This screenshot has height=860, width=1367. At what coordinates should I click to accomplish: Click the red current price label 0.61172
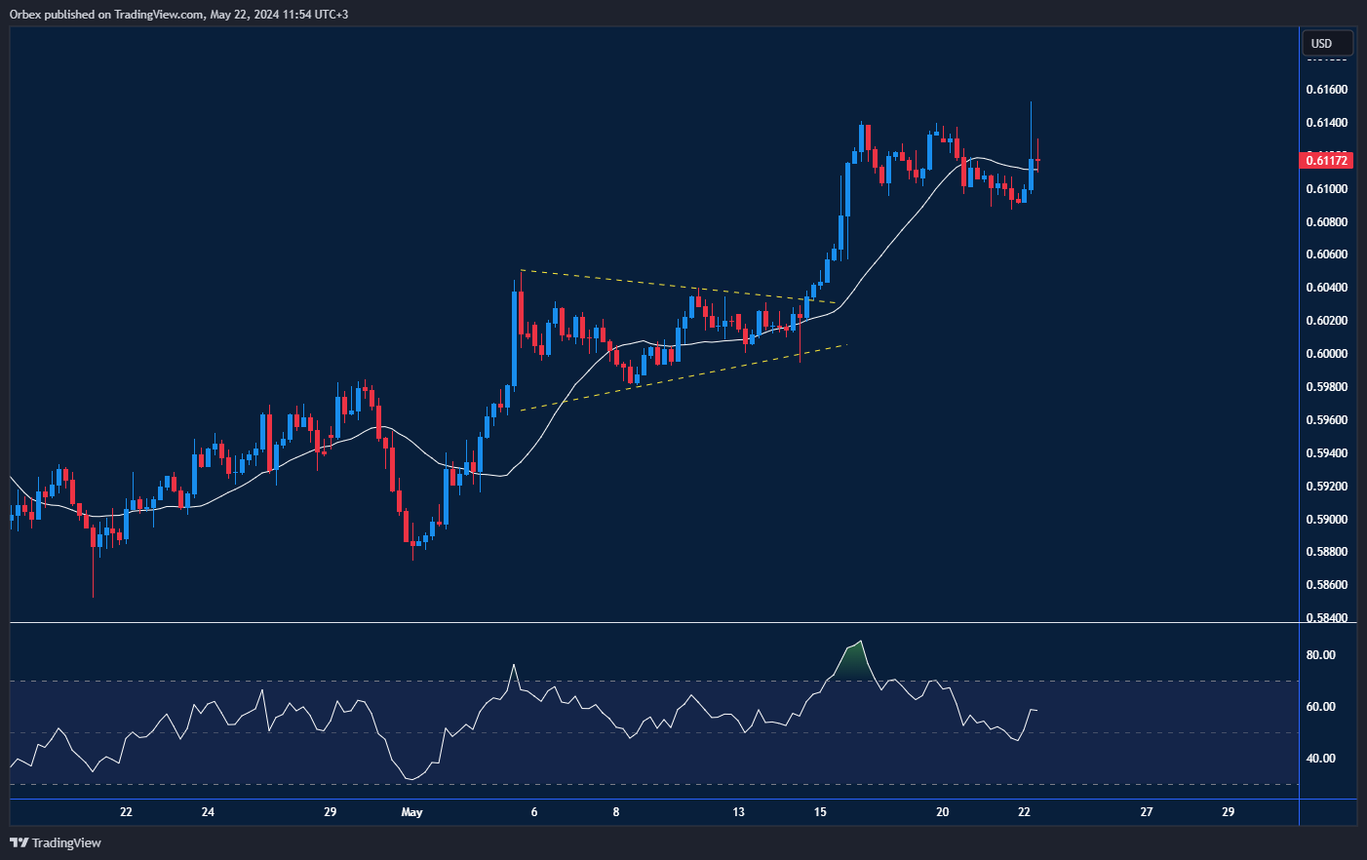click(x=1326, y=160)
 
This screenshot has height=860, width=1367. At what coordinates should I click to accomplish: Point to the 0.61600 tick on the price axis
click(x=1326, y=90)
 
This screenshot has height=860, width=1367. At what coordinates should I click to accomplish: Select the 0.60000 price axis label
click(x=1326, y=354)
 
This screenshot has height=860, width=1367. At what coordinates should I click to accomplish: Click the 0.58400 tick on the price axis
click(x=1326, y=618)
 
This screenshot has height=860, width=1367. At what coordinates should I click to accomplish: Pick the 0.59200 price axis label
click(x=1326, y=487)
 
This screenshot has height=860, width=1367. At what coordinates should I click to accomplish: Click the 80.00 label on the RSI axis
click(x=1320, y=655)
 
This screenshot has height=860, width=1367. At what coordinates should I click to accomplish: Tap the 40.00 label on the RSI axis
click(x=1320, y=759)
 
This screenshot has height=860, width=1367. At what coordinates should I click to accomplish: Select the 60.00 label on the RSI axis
click(x=1320, y=707)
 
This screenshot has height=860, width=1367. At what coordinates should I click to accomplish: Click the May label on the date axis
click(x=411, y=812)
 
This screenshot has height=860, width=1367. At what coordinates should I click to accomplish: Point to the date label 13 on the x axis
click(x=738, y=812)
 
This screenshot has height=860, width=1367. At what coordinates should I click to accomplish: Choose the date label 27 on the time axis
click(x=1146, y=812)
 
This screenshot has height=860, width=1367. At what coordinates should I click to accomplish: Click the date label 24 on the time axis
click(x=208, y=812)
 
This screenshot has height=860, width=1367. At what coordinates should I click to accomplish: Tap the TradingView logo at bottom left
click(x=56, y=842)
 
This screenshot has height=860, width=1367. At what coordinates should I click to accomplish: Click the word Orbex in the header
click(x=26, y=15)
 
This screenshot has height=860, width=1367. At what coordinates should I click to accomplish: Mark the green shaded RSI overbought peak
click(x=852, y=661)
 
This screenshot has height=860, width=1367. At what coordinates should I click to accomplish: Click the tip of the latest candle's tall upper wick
click(x=1031, y=102)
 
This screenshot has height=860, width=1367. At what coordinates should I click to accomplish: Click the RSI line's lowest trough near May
click(x=411, y=779)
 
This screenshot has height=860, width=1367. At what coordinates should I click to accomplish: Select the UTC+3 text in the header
click(x=329, y=15)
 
